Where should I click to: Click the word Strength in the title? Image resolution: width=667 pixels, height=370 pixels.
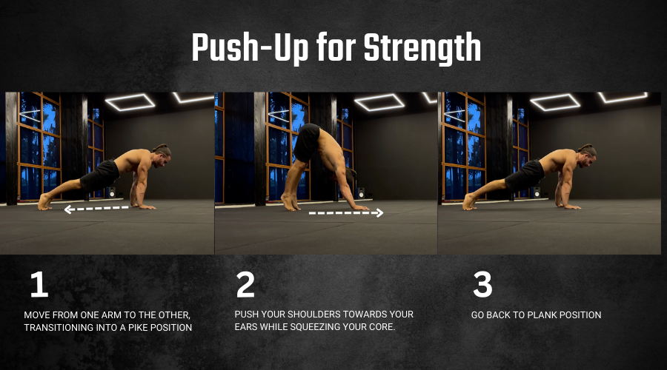coord(422,48)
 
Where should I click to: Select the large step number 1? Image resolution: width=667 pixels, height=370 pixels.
coord(39,284)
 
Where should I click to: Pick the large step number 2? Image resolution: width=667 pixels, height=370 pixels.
coord(245,284)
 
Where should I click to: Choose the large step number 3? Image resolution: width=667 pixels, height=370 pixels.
coord(482,284)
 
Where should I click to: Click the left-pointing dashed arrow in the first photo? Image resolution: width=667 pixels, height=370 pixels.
coord(96,209)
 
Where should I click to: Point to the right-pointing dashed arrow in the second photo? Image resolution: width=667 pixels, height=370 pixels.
coord(346,213)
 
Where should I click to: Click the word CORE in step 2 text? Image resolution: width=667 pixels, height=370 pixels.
coord(383,326)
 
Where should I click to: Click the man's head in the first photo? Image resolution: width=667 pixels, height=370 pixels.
coord(162,155)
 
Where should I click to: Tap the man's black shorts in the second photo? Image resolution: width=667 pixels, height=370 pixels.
coord(307,142)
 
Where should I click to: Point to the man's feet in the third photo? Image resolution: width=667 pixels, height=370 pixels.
coord(469,201)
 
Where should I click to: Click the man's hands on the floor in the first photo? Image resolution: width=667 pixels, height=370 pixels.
coord(143,206)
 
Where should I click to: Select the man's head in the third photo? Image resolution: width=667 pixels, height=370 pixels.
coord(588,155)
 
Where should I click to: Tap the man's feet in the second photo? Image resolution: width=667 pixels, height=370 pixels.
coord(290,202)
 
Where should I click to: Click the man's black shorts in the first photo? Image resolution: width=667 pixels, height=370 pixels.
coord(100,175)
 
